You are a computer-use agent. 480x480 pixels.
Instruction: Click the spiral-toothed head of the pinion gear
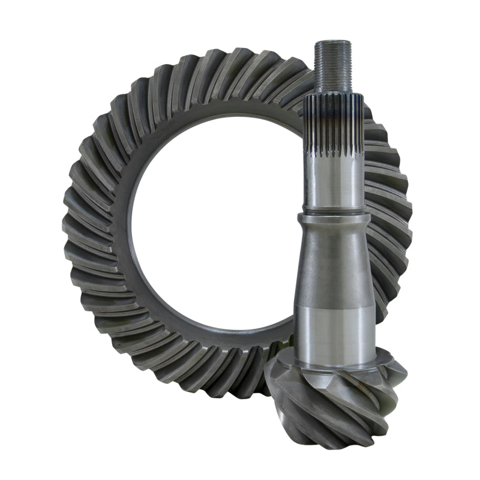click(336, 396)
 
